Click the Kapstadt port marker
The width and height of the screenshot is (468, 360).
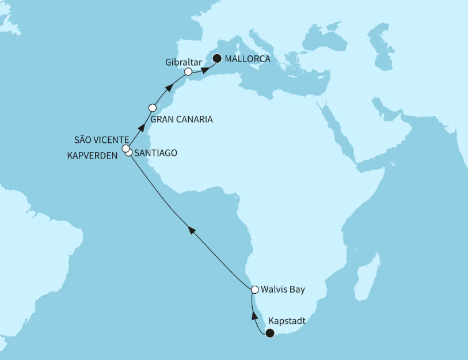tap(269, 331)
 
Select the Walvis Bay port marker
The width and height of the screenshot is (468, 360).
tap(254, 289)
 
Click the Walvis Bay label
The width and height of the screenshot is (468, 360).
tap(281, 289)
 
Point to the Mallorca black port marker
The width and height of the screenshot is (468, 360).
tap(217, 58)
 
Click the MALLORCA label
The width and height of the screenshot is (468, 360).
tap(248, 59)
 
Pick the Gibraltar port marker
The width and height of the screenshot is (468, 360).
tap(188, 72)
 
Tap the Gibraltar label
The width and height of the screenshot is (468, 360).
tap(182, 61)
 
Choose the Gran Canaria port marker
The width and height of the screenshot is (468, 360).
tap(153, 107)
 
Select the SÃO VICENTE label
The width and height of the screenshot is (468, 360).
tap(101, 140)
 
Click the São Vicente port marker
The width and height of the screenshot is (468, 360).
tap(125, 149)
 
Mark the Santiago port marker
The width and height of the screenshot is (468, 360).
tap(129, 153)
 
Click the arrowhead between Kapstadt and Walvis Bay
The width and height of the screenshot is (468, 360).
tap(253, 314)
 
